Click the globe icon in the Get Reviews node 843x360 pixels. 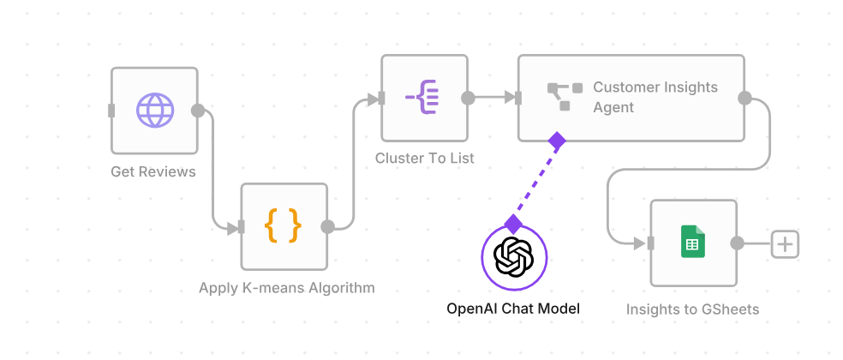pyautogui.click(x=155, y=111)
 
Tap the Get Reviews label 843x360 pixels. pyautogui.click(x=153, y=171)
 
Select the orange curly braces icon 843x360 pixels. pyautogui.click(x=283, y=226)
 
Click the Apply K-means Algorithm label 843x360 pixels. pyautogui.click(x=287, y=288)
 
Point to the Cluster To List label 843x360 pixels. pyautogui.click(x=425, y=159)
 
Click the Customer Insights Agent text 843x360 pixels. pyautogui.click(x=655, y=97)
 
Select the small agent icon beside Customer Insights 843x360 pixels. pyautogui.click(x=565, y=96)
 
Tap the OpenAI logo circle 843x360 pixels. pyautogui.click(x=514, y=257)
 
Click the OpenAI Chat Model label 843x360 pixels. pyautogui.click(x=513, y=309)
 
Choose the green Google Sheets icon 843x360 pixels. pyautogui.click(x=692, y=243)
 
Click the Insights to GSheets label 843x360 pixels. pyautogui.click(x=692, y=309)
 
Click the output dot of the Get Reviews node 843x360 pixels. pyautogui.click(x=198, y=111)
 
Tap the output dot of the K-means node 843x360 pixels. pyautogui.click(x=326, y=227)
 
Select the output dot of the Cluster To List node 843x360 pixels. pyautogui.click(x=468, y=98)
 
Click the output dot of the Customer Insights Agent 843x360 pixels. pyautogui.click(x=744, y=98)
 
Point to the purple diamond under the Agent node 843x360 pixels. pyautogui.click(x=557, y=140)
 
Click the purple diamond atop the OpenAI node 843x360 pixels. pyautogui.click(x=513, y=225)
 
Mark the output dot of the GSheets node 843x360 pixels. pyautogui.click(x=736, y=243)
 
